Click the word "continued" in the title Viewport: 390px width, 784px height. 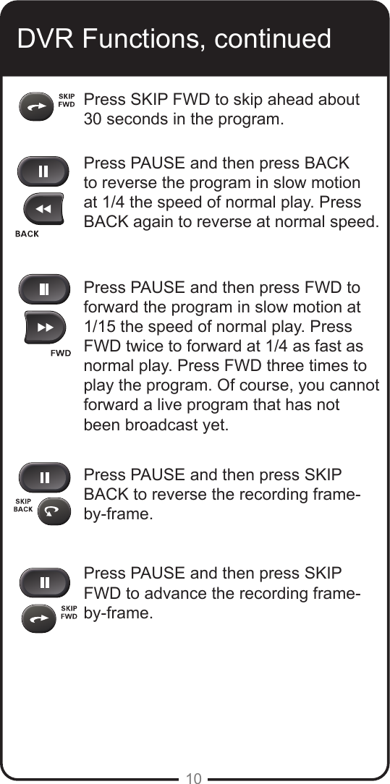[x=271, y=38]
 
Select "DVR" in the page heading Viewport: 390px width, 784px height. [x=46, y=38]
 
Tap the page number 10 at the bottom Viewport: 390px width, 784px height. [x=193, y=778]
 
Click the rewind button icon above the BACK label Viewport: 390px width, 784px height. [x=43, y=210]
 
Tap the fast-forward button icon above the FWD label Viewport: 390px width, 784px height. [x=45, y=328]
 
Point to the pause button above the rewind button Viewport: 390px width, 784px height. [x=44, y=172]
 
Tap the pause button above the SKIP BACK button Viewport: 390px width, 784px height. [x=45, y=478]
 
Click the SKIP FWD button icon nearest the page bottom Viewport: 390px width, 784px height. [x=38, y=618]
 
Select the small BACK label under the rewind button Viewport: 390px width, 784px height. [x=27, y=234]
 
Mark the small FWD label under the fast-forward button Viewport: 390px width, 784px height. [x=62, y=353]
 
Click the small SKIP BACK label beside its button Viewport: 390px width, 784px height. [x=24, y=505]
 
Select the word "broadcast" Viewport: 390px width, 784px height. [x=163, y=425]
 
